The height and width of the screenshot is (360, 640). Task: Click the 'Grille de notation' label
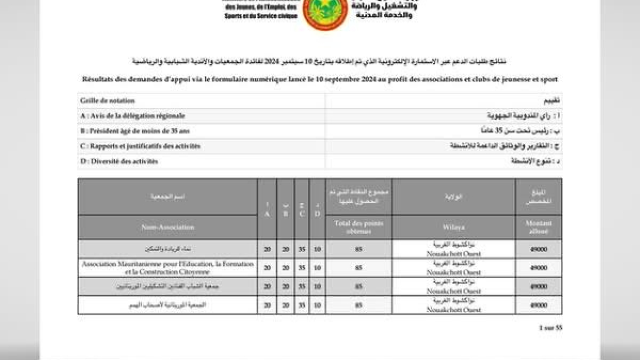pyautogui.click(x=107, y=101)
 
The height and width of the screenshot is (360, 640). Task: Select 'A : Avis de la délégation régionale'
pyautogui.click(x=132, y=116)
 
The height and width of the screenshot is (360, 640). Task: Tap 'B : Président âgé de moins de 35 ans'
pyautogui.click(x=134, y=131)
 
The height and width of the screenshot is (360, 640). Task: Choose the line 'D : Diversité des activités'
pyautogui.click(x=119, y=161)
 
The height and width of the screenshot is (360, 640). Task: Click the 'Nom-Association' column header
pyautogui.click(x=167, y=228)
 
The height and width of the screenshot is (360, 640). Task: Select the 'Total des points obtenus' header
pyautogui.click(x=358, y=227)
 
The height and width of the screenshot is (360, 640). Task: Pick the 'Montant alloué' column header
pyautogui.click(x=538, y=227)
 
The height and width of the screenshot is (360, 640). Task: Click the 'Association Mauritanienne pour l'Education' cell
pyautogui.click(x=167, y=268)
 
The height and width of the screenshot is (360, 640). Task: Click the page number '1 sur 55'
pyautogui.click(x=550, y=328)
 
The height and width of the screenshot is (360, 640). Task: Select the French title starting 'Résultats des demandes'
pyautogui.click(x=320, y=79)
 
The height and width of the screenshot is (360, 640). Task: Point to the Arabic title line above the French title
pyautogui.click(x=320, y=62)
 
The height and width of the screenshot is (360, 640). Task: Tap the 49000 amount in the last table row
pyautogui.click(x=538, y=305)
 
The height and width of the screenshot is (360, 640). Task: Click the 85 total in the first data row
pyautogui.click(x=358, y=250)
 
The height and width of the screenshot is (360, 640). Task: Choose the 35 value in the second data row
pyautogui.click(x=301, y=268)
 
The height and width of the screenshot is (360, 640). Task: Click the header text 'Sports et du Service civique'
pyautogui.click(x=260, y=16)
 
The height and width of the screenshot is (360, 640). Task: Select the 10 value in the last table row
pyautogui.click(x=317, y=305)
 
